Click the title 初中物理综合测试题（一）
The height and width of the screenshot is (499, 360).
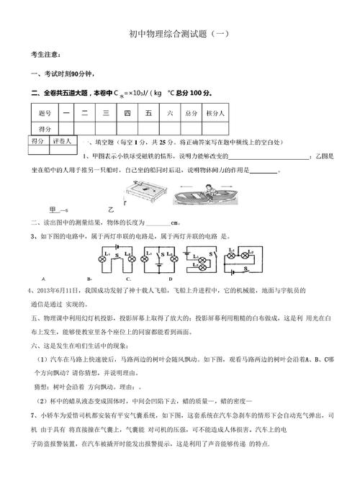[180, 34]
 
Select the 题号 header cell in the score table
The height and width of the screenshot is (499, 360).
[44, 113]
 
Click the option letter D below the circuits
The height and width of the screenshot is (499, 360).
[170, 279]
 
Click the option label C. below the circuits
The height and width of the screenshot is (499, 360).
[128, 279]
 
